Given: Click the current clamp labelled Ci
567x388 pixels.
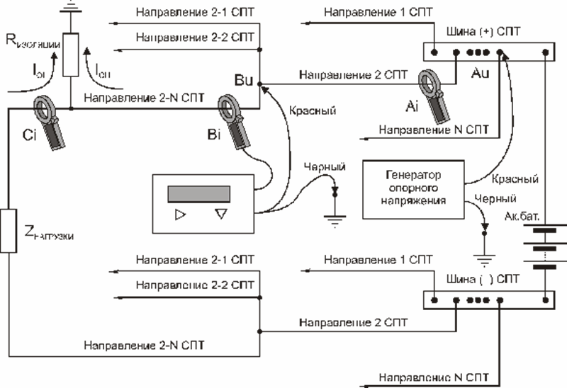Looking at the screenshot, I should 50,120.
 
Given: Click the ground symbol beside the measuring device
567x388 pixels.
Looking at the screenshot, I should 335,212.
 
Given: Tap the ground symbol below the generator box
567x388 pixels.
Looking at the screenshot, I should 485,250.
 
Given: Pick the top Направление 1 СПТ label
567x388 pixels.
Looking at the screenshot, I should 366,13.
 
